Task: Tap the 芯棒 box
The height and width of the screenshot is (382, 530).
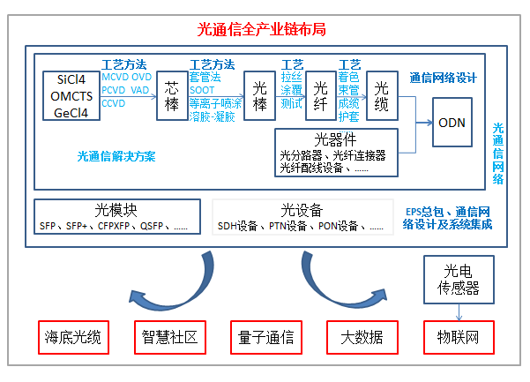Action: pyautogui.click(x=172, y=96)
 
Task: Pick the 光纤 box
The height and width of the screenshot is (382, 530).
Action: pyautogui.click(x=321, y=96)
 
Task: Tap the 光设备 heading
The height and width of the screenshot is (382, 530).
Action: pyautogui.click(x=302, y=210)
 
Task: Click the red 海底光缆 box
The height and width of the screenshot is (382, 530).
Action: pyautogui.click(x=75, y=337)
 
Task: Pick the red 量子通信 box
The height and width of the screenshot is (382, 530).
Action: pyautogui.click(x=265, y=337)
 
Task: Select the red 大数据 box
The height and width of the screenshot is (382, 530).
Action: pyautogui.click(x=359, y=337)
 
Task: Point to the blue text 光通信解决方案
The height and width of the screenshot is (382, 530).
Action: pyautogui.click(x=116, y=157)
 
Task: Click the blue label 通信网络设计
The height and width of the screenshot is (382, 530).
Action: pyautogui.click(x=443, y=78)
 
